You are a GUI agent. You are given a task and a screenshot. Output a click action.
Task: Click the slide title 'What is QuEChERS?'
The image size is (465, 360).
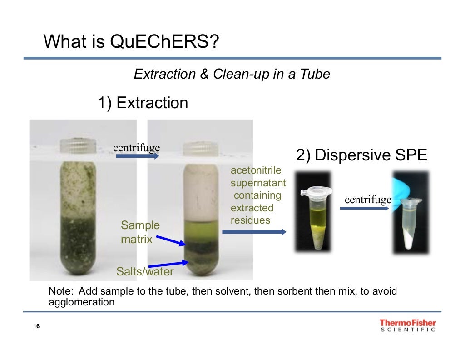131,42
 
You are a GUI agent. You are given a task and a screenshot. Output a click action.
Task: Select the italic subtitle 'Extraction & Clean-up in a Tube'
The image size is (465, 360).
232,74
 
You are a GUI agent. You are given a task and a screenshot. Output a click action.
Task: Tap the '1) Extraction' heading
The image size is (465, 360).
143,103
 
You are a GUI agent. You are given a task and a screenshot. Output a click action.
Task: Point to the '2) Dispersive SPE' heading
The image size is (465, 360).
361,155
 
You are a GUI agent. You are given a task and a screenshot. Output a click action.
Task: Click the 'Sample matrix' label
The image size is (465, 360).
140,232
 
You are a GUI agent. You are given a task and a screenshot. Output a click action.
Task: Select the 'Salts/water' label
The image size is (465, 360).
145,272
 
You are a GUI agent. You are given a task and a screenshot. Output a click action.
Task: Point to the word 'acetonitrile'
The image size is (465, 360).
256,170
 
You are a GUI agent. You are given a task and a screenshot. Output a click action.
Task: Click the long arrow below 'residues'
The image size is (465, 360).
254,232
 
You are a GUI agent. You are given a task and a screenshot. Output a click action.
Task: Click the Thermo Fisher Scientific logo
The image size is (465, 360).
407,325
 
